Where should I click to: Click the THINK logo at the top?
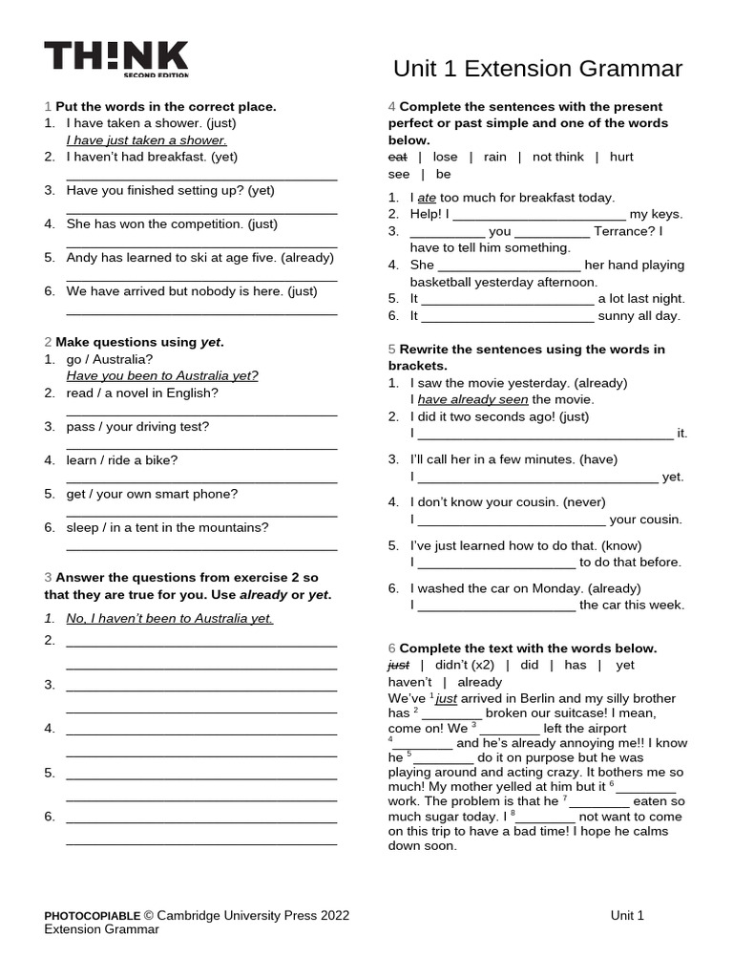pyautogui.click(x=115, y=58)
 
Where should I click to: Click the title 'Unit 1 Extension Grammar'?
pyautogui.click(x=537, y=69)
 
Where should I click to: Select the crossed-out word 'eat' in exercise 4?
pyautogui.click(x=398, y=157)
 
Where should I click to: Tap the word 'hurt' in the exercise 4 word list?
pyautogui.click(x=620, y=157)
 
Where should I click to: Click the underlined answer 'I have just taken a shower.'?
pyautogui.click(x=146, y=140)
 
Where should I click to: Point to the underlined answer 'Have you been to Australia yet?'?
pyautogui.click(x=162, y=376)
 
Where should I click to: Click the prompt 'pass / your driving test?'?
pyautogui.click(x=137, y=426)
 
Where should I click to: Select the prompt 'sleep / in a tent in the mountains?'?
pyautogui.click(x=167, y=527)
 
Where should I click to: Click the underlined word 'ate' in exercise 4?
pyautogui.click(x=427, y=198)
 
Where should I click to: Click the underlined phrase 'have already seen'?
pyautogui.click(x=472, y=399)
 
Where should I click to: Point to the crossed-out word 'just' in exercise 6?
pyautogui.click(x=398, y=665)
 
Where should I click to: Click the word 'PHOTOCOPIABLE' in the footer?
pyautogui.click(x=93, y=915)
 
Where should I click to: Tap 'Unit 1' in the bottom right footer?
pyautogui.click(x=627, y=915)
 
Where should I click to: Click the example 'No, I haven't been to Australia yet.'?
pyautogui.click(x=169, y=618)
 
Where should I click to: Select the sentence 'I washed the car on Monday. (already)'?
pyautogui.click(x=526, y=588)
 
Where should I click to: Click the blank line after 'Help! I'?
pyautogui.click(x=538, y=215)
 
